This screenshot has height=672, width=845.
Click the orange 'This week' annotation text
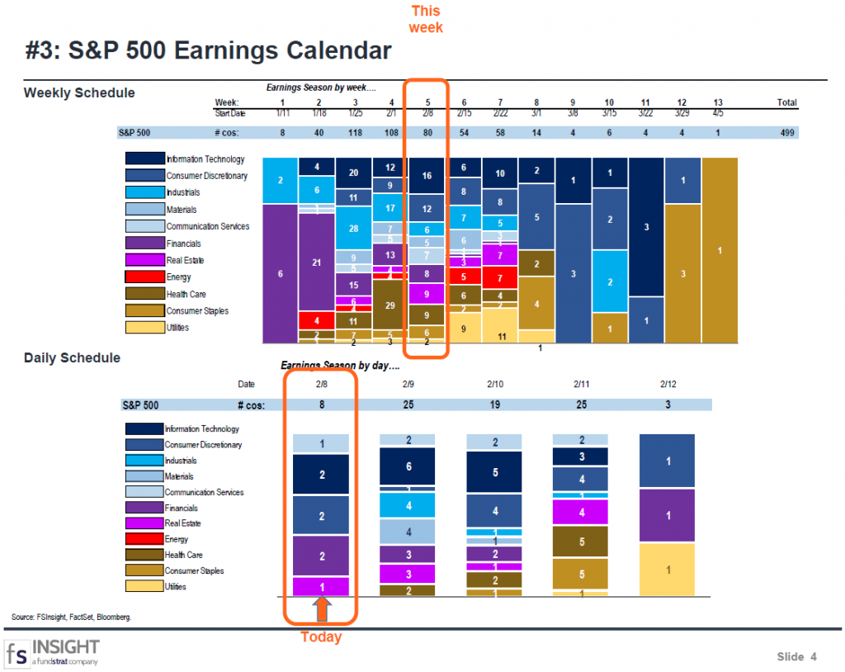point(426,19)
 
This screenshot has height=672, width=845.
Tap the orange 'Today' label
point(321,637)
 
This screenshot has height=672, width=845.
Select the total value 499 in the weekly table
point(786,132)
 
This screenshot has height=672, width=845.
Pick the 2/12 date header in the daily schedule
point(668,384)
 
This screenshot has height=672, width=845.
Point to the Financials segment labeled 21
point(316,263)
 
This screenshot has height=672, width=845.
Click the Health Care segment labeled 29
point(389,305)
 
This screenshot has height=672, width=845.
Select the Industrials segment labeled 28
point(353,229)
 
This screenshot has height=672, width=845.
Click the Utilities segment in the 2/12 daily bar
point(668,569)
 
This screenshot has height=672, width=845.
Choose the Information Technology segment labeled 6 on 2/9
point(408,466)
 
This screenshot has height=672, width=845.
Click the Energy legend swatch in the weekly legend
point(144,277)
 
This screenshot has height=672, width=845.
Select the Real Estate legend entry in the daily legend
point(144,523)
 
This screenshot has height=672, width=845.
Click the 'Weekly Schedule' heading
point(79,92)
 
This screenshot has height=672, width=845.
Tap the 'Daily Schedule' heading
point(72,357)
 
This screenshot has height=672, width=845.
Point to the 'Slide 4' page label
point(796,656)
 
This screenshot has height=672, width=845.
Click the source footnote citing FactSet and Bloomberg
point(72,617)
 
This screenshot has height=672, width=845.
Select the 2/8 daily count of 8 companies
point(321,405)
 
